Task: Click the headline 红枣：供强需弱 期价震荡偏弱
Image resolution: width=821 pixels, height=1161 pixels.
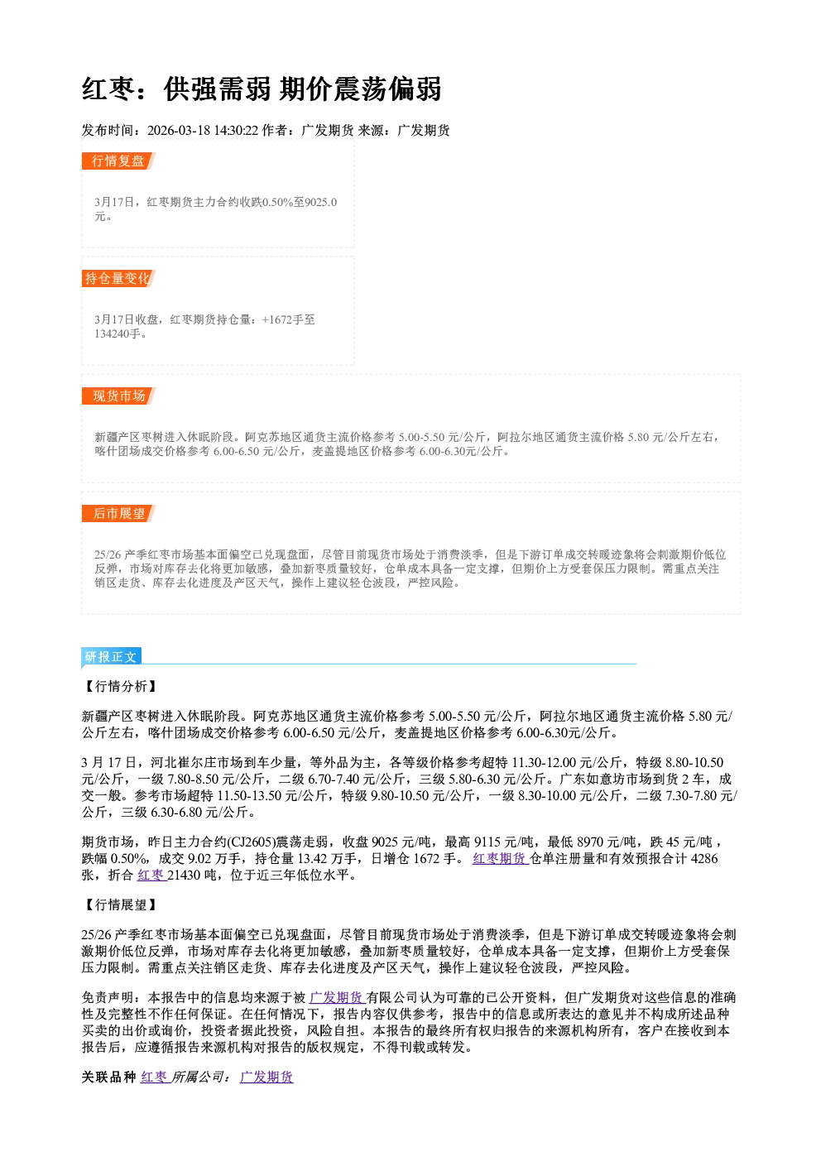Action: pos(262,89)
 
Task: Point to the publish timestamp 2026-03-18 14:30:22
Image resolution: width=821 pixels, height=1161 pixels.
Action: pos(203,130)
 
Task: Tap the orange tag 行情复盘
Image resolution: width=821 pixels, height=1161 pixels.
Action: pos(118,161)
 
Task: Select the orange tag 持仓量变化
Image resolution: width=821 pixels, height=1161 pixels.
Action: pos(118,278)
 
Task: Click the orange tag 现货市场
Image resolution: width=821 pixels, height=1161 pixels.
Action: pos(118,396)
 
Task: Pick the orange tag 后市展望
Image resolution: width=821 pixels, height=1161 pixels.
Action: pos(118,514)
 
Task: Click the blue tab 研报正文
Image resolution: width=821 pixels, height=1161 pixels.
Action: pos(111,657)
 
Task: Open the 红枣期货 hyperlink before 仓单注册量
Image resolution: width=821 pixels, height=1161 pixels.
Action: pos(500,859)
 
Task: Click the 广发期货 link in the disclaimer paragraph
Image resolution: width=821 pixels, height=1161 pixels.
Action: pos(337,998)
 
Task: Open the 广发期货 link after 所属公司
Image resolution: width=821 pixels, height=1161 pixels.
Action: pos(266,1077)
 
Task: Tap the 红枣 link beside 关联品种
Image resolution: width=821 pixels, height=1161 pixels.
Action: pos(155,1077)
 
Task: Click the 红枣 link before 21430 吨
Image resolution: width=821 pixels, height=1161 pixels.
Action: pos(151,876)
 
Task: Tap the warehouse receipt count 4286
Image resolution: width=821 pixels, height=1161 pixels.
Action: pos(705,859)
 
